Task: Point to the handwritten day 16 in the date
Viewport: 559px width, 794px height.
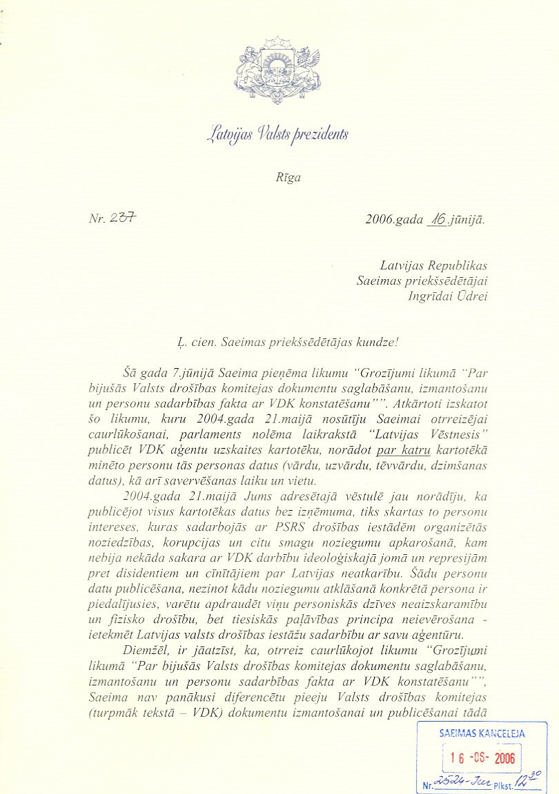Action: (437, 220)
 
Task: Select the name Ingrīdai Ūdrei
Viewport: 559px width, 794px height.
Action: (448, 296)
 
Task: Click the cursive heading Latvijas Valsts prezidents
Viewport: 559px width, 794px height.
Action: (279, 133)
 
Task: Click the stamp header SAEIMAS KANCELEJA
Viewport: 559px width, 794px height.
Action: (482, 733)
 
